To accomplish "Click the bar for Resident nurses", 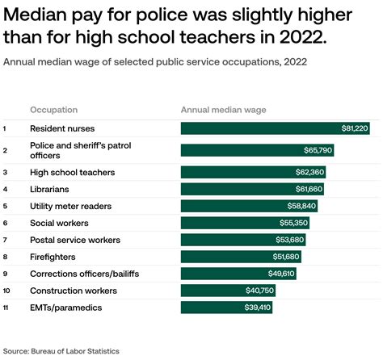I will [275, 128].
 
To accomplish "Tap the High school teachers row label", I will [72, 172].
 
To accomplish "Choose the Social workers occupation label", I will [60, 223].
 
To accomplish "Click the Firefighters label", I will [53, 257].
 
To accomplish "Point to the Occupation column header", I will [54, 110].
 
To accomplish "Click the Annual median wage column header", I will [222, 110].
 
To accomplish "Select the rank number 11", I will [6, 308].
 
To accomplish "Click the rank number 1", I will [5, 128].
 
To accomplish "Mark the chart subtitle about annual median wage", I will [154, 61].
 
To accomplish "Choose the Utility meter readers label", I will [70, 206].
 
